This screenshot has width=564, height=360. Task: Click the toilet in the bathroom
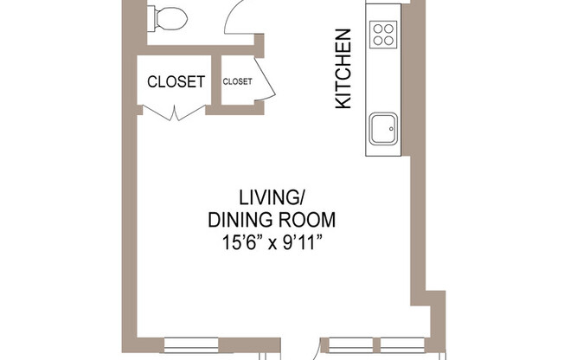click(x=167, y=16)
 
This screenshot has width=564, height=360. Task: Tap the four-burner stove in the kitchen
click(x=384, y=34)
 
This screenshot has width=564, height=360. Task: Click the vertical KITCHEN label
click(x=343, y=69)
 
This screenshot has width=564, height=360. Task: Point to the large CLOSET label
click(x=176, y=82)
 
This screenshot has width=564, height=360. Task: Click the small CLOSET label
click(x=237, y=82)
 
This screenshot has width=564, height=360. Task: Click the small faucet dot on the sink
click(x=391, y=130)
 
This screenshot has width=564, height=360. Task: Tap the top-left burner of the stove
click(x=378, y=28)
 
